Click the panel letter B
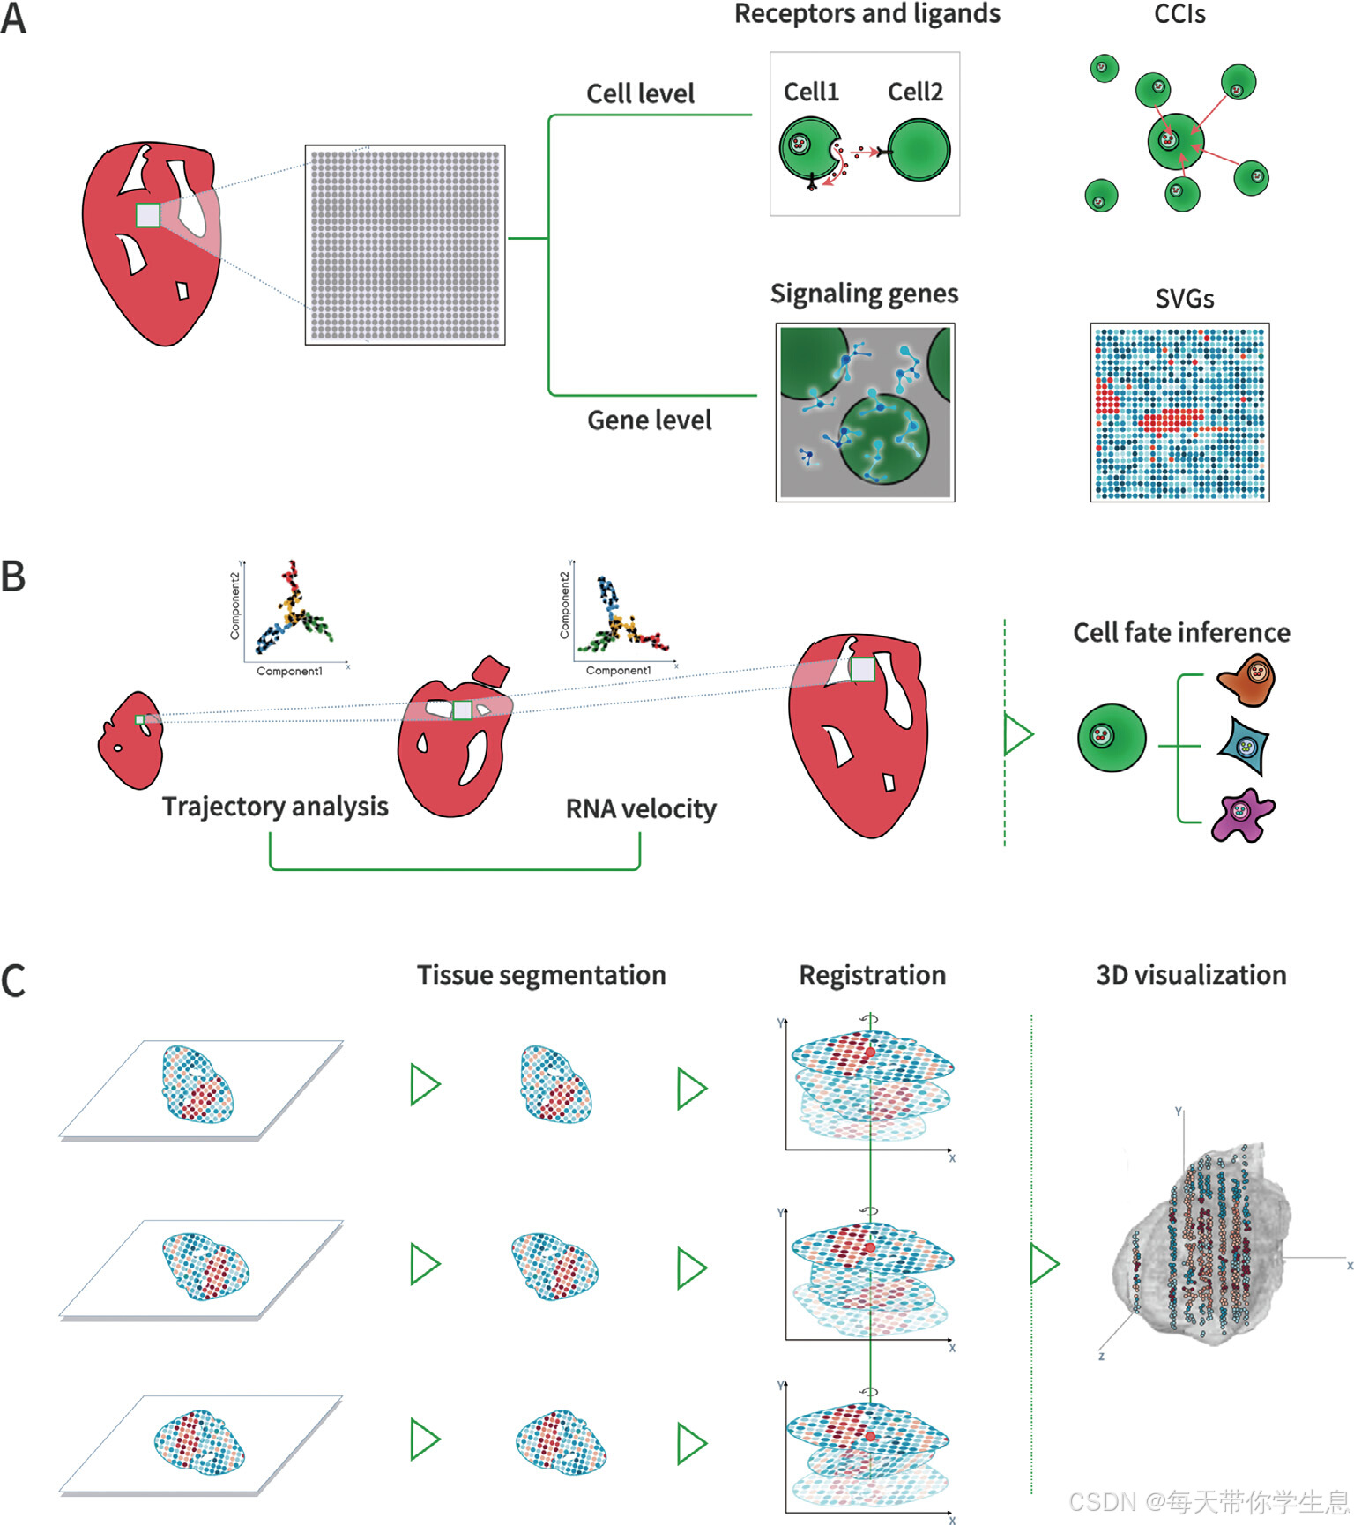coord(13,577)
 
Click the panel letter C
coord(13,981)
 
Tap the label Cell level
coord(640,93)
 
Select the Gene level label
coord(649,420)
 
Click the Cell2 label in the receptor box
coord(915,92)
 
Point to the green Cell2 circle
coord(919,150)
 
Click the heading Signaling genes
coord(864,294)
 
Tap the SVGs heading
coord(1184,299)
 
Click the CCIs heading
coord(1179,14)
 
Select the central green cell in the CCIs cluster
coord(1173,141)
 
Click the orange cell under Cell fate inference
coord(1247,680)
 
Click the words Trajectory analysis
coord(275,807)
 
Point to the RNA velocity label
coord(641,808)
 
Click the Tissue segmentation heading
coord(541,975)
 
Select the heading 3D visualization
coord(1191,975)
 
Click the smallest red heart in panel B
coord(130,741)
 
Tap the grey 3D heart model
coord(1203,1243)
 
